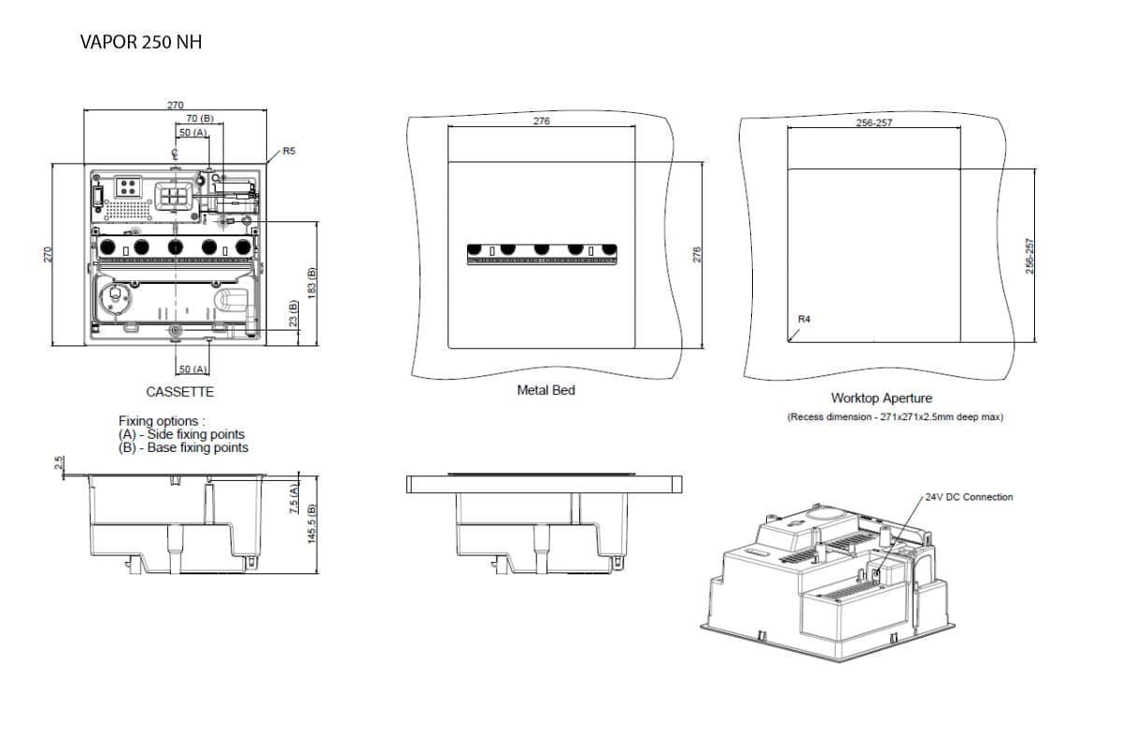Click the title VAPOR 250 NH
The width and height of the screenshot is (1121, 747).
coord(141,42)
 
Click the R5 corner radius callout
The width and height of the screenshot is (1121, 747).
coord(289,150)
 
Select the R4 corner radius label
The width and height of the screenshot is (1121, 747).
coord(804,319)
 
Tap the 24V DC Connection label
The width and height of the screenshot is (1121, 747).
coord(969,497)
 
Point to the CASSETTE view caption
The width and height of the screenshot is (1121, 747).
coord(179,392)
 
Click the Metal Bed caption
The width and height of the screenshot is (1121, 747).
coord(546,390)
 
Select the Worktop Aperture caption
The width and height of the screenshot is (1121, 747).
coord(882,399)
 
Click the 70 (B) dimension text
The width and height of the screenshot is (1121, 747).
coord(200,119)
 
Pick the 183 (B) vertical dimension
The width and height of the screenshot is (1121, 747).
coord(312,283)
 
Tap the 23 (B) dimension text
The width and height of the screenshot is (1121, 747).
coord(292,314)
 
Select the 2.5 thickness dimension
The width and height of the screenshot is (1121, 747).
coord(59,463)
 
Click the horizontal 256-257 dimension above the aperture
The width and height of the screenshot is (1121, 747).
coord(873,122)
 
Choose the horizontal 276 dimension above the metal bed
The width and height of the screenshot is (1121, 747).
coord(541,121)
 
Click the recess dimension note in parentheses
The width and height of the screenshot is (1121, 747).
coord(895,416)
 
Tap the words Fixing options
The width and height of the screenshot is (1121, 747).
coord(158,421)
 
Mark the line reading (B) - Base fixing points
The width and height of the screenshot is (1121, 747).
coord(183,447)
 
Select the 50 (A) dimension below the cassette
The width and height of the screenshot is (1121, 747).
coord(192,371)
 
